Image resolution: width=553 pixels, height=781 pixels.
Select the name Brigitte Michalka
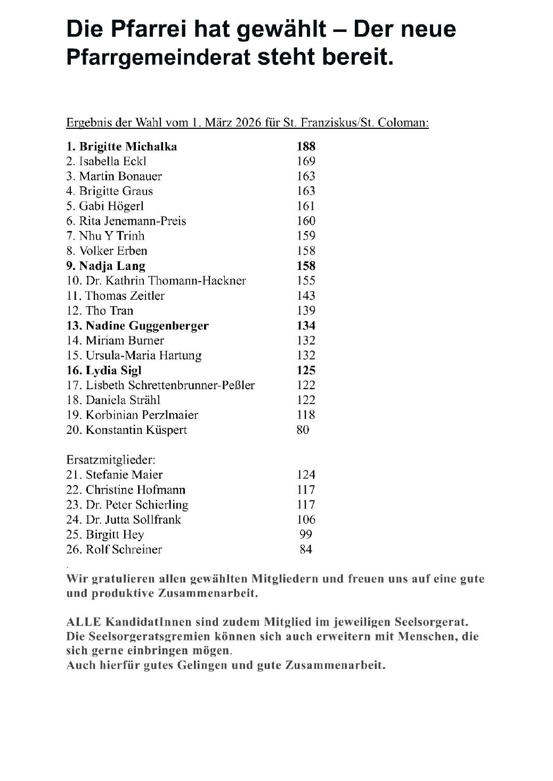point(128,146)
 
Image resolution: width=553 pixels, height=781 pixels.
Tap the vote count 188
point(306,146)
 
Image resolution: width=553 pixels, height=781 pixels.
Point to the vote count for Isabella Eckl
point(306,161)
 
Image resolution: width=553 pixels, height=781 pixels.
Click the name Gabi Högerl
point(111,206)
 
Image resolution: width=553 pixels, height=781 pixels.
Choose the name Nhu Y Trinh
point(112,236)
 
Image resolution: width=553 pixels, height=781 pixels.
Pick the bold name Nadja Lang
point(112,266)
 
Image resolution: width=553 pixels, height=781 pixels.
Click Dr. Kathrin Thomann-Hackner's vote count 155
point(306,281)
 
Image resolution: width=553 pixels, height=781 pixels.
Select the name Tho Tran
point(109,310)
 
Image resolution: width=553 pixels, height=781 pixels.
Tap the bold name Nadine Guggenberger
point(147,325)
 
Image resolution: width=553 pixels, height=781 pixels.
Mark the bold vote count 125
point(306,370)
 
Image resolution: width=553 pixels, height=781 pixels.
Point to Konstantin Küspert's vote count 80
point(303,430)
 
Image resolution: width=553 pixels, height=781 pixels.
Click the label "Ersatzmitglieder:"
point(111,459)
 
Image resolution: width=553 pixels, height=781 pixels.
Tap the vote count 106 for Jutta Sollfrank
point(306,520)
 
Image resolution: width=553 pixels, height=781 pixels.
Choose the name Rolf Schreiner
point(124,549)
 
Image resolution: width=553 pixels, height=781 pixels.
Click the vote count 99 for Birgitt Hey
point(306,535)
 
